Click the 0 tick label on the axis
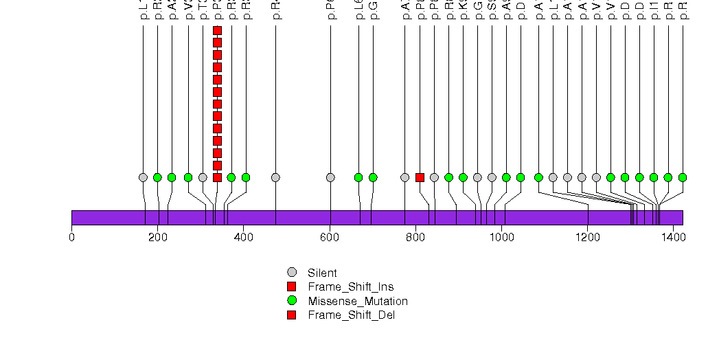[x=71, y=238]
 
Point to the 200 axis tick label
[x=157, y=238]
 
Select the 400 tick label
[x=243, y=238]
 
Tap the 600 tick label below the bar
[x=330, y=238]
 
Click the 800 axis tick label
[x=415, y=238]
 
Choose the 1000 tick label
[x=501, y=238]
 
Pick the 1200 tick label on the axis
[x=587, y=238]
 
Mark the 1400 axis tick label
[x=673, y=238]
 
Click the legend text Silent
[x=322, y=273]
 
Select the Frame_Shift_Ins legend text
[x=350, y=286]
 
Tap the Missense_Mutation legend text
[x=357, y=301]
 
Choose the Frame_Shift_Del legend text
[x=351, y=315]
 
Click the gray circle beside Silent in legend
[x=292, y=272]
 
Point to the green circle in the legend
[x=292, y=301]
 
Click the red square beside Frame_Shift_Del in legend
[x=292, y=315]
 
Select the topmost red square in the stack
[x=217, y=30]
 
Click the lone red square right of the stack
[x=420, y=177]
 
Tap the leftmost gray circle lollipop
[x=143, y=177]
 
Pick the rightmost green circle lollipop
[x=682, y=177]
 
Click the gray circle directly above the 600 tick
[x=330, y=177]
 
